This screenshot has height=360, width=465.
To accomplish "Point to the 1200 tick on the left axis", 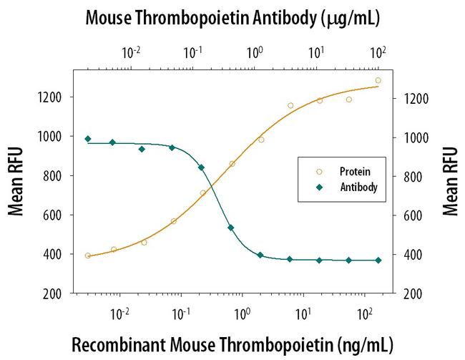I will [x=54, y=97].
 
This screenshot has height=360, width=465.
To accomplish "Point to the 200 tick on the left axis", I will [x=57, y=293].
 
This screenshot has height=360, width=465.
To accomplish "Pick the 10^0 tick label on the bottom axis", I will [x=243, y=313].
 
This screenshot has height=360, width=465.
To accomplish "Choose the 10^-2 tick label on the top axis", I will [x=132, y=52].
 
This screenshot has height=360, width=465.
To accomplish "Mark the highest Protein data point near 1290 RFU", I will [x=378, y=80].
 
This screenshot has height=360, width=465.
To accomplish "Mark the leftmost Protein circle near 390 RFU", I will [x=87, y=256].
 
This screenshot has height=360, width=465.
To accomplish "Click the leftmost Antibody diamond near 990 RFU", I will [x=87, y=139].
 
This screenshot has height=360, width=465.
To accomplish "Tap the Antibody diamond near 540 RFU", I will [x=231, y=228].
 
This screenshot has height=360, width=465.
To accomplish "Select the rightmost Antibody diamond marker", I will [x=378, y=261].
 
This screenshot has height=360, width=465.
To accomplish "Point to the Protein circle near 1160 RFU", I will [x=290, y=105].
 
